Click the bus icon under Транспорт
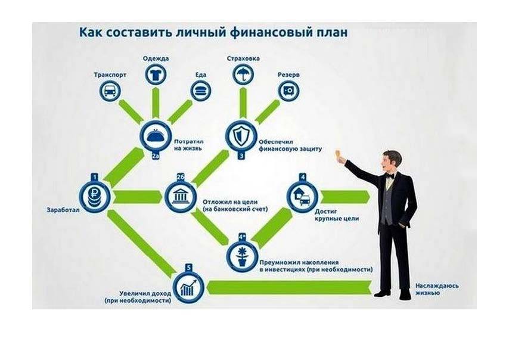tap(110, 91)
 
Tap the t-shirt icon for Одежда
tap(156, 75)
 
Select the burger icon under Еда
tap(201, 91)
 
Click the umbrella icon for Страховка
tap(243, 75)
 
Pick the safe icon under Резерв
tap(288, 91)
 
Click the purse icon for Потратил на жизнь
tap(156, 136)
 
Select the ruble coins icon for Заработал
tap(95, 197)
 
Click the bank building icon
tap(181, 197)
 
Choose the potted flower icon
tap(242, 256)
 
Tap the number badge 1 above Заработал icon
tap(94, 177)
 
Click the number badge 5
tap(188, 268)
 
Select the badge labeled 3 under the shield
tap(241, 156)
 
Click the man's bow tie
tap(390, 176)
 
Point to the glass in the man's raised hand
tap(339, 154)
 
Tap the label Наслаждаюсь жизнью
tap(437, 289)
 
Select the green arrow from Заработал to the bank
tap(138, 197)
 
